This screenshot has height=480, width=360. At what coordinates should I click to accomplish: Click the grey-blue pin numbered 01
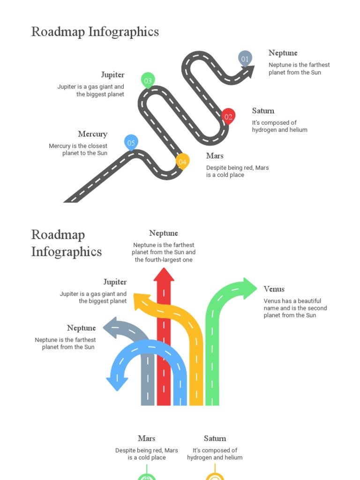pyautogui.click(x=245, y=59)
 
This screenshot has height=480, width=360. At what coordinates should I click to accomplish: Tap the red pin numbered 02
pyautogui.click(x=228, y=116)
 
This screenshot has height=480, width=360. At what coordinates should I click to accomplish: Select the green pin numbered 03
pyautogui.click(x=148, y=81)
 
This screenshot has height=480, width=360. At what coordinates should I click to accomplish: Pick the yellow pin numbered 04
pyautogui.click(x=182, y=162)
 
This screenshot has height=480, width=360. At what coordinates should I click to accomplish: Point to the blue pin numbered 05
pyautogui.click(x=131, y=142)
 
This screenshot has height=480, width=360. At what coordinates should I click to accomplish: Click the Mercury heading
pyautogui.click(x=92, y=134)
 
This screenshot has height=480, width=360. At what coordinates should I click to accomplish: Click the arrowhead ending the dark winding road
pyautogui.click(x=249, y=72)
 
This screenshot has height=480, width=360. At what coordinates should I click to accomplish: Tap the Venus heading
pyautogui.click(x=274, y=289)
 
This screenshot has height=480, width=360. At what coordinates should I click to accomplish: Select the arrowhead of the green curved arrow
pyautogui.click(x=250, y=287)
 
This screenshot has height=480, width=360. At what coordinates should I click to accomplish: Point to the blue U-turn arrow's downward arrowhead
pyautogui.click(x=117, y=383)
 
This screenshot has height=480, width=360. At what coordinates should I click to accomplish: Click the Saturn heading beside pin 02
pyautogui.click(x=263, y=111)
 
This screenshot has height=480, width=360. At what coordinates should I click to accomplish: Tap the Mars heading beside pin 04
pyautogui.click(x=215, y=156)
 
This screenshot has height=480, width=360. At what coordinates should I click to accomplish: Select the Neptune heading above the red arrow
pyautogui.click(x=164, y=233)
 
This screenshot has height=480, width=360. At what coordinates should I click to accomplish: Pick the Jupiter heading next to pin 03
pyautogui.click(x=112, y=75)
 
